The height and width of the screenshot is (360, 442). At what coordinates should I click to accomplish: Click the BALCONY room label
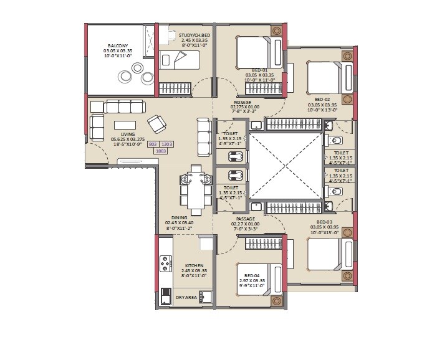coord(118,45)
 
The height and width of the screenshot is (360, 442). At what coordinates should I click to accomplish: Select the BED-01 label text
coord(259,70)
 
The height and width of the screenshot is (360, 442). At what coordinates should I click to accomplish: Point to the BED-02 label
coord(322,99)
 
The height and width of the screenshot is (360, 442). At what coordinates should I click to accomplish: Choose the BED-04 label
coord(252,275)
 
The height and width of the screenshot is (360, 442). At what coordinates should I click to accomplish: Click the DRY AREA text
coord(186,298)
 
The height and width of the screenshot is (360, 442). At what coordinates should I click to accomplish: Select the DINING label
coord(179,217)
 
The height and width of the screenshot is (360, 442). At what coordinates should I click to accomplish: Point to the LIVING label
coord(128,133)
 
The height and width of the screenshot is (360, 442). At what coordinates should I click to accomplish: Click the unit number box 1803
coord(160,150)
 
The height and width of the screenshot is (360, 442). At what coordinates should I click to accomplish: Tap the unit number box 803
coord(153,144)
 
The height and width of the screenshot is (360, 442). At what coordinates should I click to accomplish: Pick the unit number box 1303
coord(167,144)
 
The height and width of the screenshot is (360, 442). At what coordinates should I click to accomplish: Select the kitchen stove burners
coord(166,265)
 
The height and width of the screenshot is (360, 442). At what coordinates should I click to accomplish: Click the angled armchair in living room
coord(156,123)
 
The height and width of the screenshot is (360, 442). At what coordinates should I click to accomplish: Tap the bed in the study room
coord(180,60)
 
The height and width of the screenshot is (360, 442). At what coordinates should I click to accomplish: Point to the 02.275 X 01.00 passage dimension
coord(242,107)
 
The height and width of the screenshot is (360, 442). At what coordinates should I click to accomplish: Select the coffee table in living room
coord(123,124)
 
